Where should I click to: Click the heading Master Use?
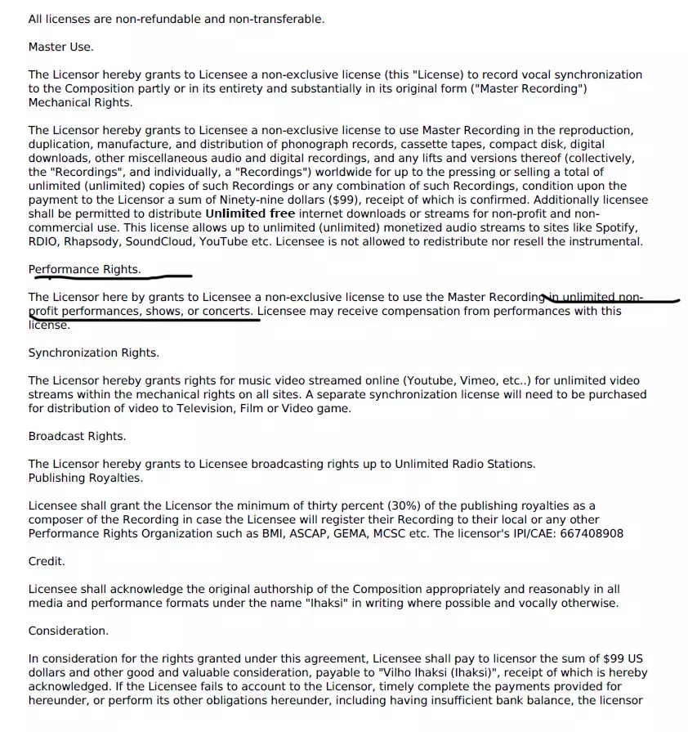coord(60,47)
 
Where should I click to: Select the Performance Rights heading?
coord(84,269)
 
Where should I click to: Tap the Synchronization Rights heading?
coord(93,353)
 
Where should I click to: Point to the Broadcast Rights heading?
coord(77,436)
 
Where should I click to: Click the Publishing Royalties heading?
coord(85,478)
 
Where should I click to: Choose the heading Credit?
coord(47,561)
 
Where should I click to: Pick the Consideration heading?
coord(68,631)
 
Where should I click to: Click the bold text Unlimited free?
coord(249,213)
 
